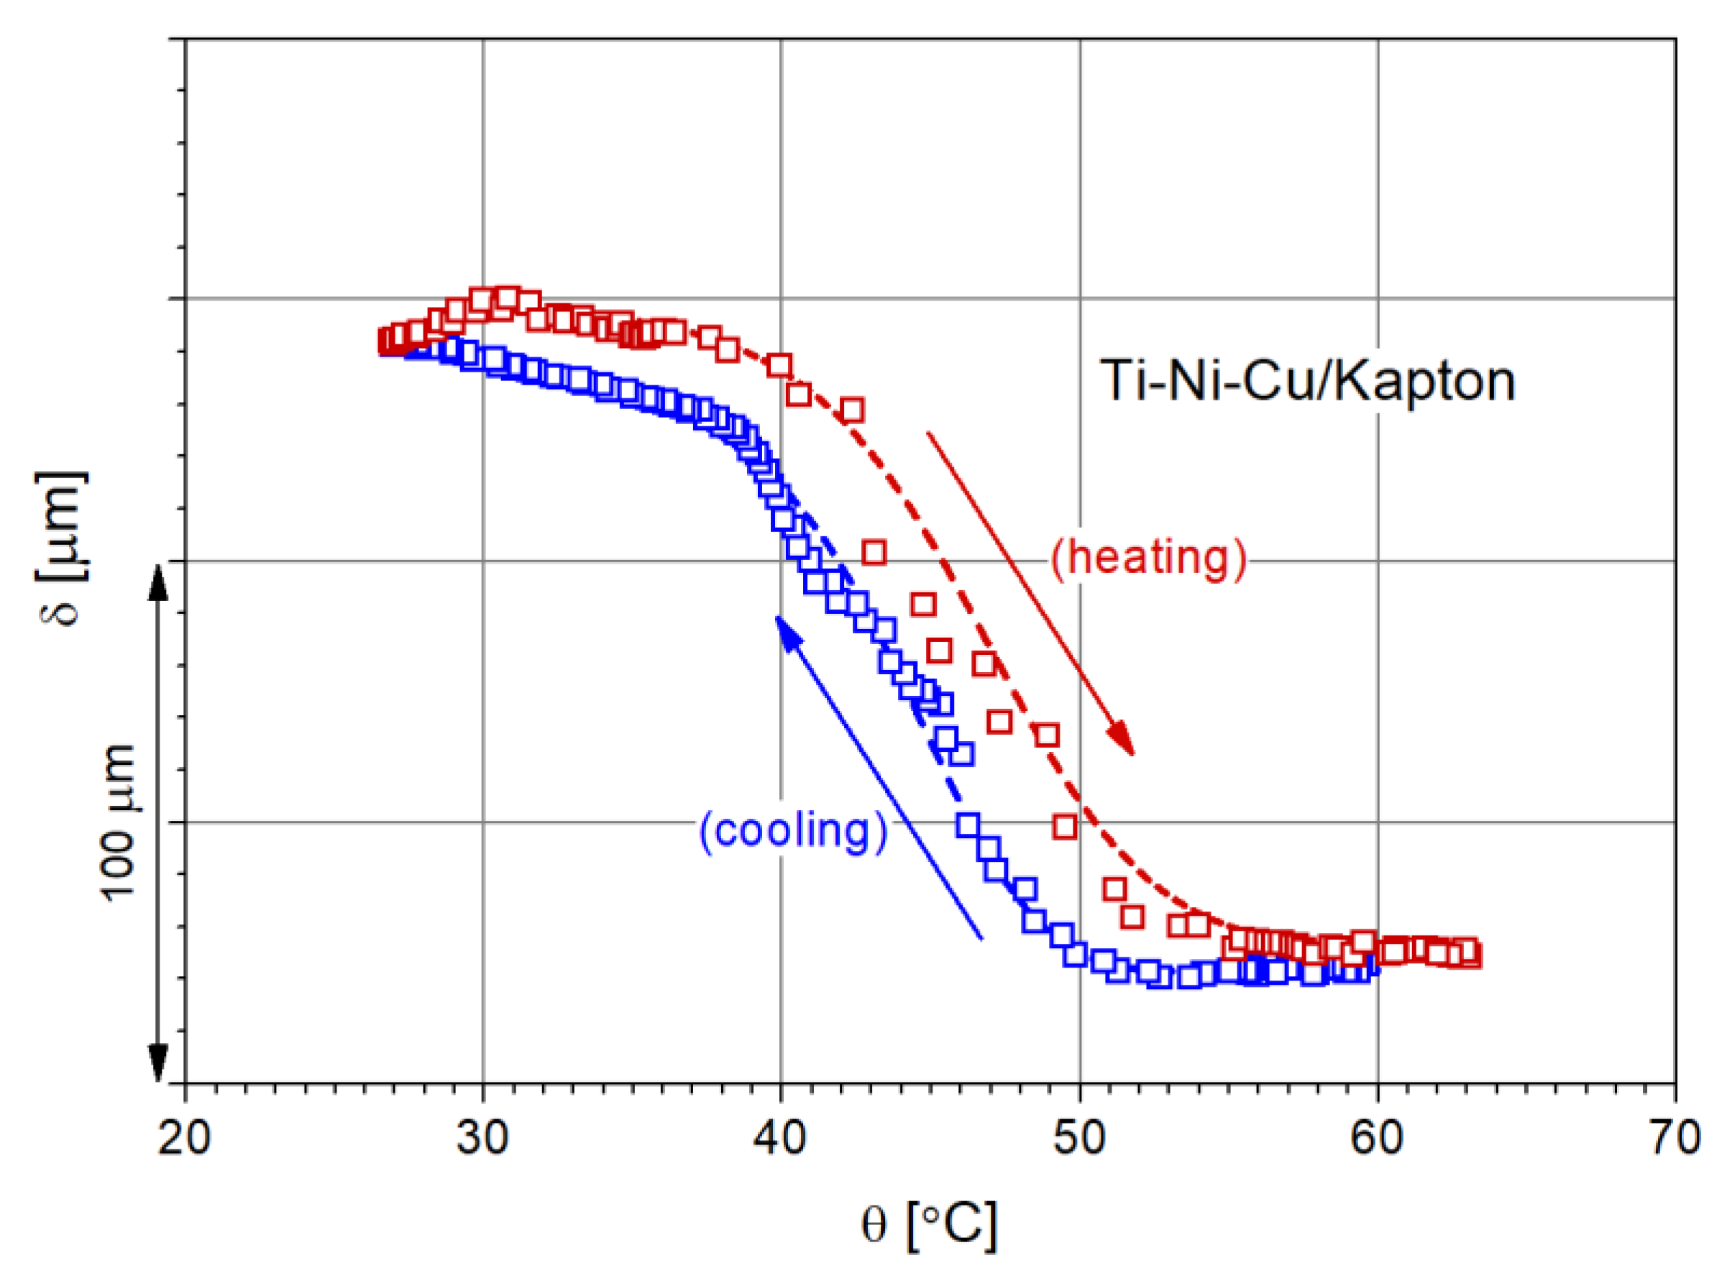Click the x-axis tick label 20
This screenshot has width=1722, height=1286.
[x=185, y=1138]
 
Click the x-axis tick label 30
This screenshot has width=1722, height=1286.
[x=482, y=1138]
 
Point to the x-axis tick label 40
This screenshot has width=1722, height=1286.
[x=781, y=1138]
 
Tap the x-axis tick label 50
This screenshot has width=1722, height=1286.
[x=1080, y=1138]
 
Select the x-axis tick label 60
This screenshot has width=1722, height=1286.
[x=1377, y=1138]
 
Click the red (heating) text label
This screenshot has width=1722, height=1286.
[x=1149, y=557]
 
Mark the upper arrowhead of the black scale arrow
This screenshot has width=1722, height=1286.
[x=158, y=580]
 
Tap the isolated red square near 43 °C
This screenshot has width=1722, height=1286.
[x=874, y=553]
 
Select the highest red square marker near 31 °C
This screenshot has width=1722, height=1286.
[x=508, y=298]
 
